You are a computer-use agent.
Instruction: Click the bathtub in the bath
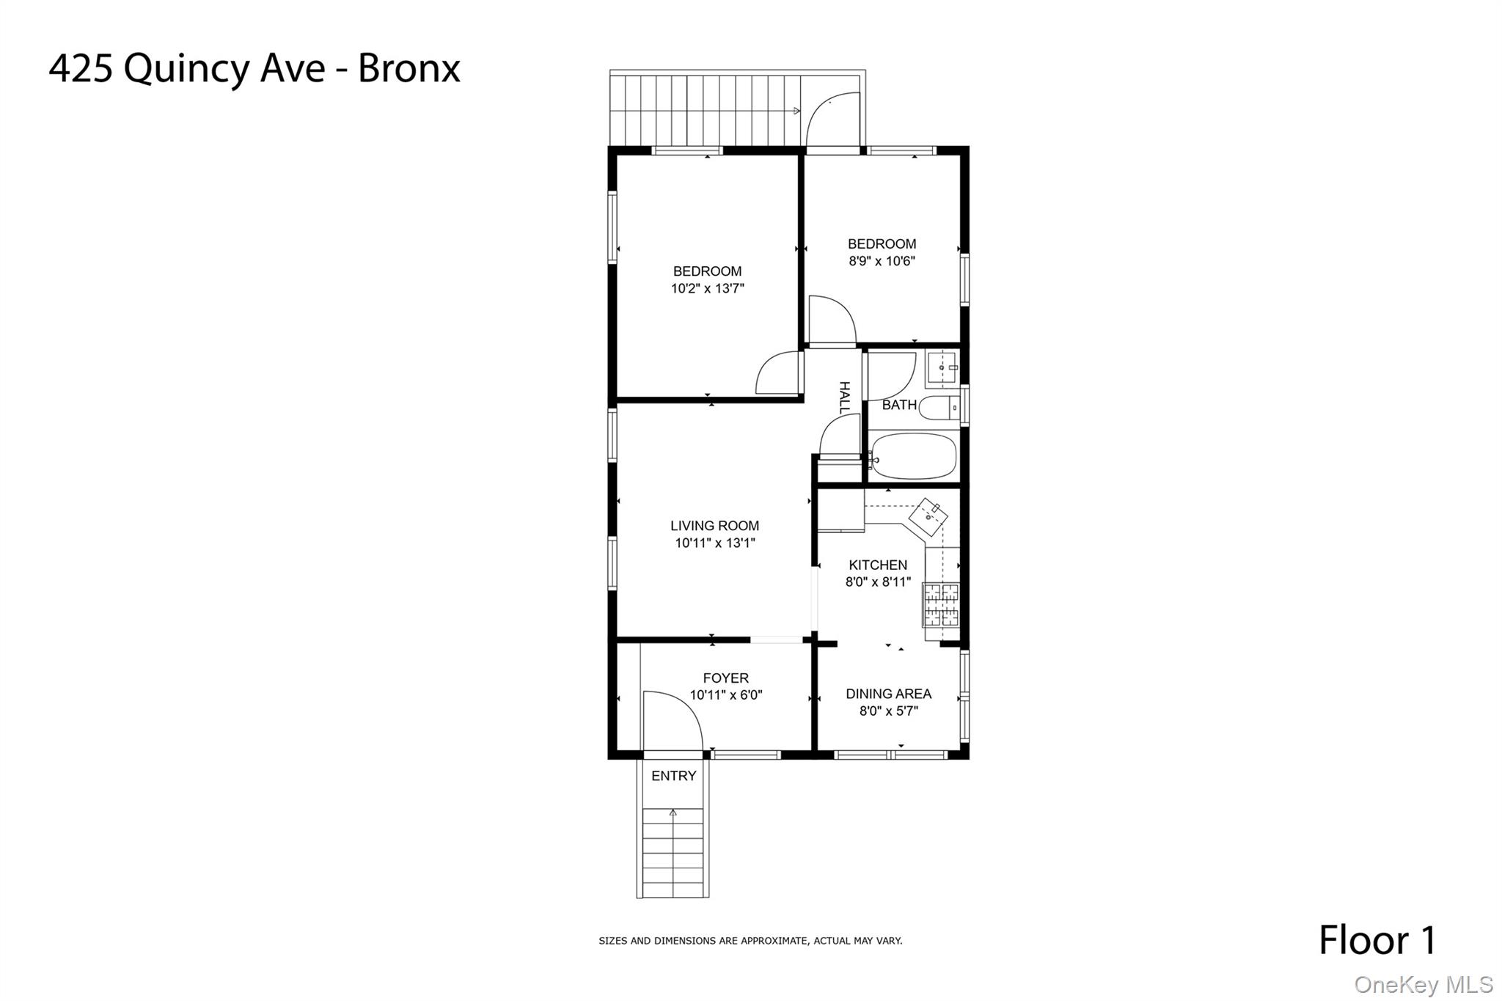tap(914, 456)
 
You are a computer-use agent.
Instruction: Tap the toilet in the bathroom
tap(938, 407)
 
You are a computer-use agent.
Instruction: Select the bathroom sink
tap(942, 367)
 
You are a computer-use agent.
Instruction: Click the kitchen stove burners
tap(941, 604)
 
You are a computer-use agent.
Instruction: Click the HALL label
tap(844, 397)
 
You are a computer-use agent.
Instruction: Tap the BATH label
tap(899, 405)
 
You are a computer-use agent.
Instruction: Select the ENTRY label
tap(673, 776)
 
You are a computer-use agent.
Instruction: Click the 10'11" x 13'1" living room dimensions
tap(714, 543)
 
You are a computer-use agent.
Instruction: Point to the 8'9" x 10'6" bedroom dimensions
tap(882, 261)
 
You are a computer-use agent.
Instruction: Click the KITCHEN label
tap(878, 565)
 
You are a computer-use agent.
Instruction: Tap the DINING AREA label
tap(888, 694)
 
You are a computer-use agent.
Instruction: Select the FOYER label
tap(725, 678)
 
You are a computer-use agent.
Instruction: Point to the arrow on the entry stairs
tap(673, 813)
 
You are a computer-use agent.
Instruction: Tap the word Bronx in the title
tap(409, 69)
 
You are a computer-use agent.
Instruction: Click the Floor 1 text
tap(1377, 940)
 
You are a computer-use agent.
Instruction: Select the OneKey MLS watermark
tap(1423, 984)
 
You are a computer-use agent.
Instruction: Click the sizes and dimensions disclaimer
tap(750, 941)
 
